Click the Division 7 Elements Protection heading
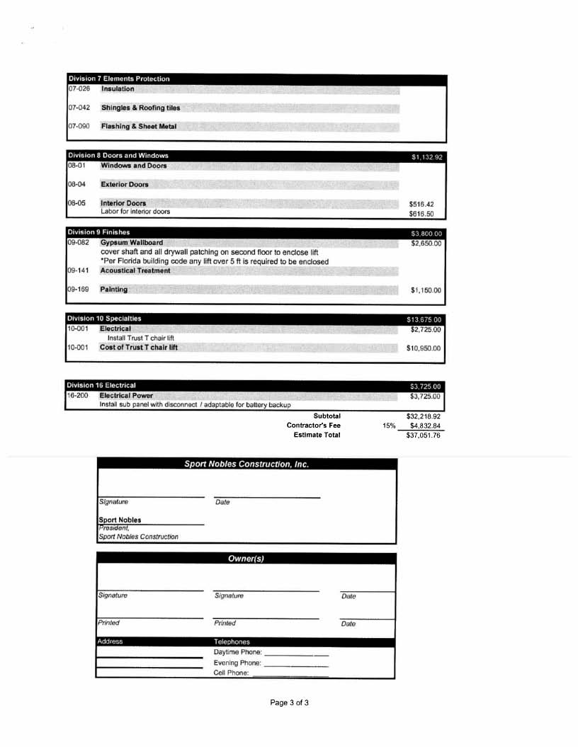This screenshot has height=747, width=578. tap(118, 79)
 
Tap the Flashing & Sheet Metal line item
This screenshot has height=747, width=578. tap(138, 126)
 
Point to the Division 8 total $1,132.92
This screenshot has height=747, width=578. tap(426, 157)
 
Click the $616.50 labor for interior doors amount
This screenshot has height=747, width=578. tap(421, 213)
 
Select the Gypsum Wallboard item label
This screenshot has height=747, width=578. tap(131, 242)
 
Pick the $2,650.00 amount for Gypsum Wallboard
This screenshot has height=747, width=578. tap(426, 244)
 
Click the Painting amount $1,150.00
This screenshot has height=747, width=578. tap(426, 290)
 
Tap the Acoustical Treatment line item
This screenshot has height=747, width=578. tap(135, 270)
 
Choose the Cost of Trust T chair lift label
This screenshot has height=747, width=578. tap(138, 348)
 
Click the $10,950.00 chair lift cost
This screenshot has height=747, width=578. tap(424, 348)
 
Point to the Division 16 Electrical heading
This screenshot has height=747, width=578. tap(101, 385)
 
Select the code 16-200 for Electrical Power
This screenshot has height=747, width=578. tap(77, 395)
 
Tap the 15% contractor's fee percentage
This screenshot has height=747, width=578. tap(389, 426)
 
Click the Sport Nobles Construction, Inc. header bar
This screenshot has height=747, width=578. tap(246, 464)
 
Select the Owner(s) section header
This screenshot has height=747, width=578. tap(246, 559)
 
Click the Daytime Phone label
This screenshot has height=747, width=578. tap(237, 652)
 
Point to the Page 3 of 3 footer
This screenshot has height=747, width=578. tap(289, 702)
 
